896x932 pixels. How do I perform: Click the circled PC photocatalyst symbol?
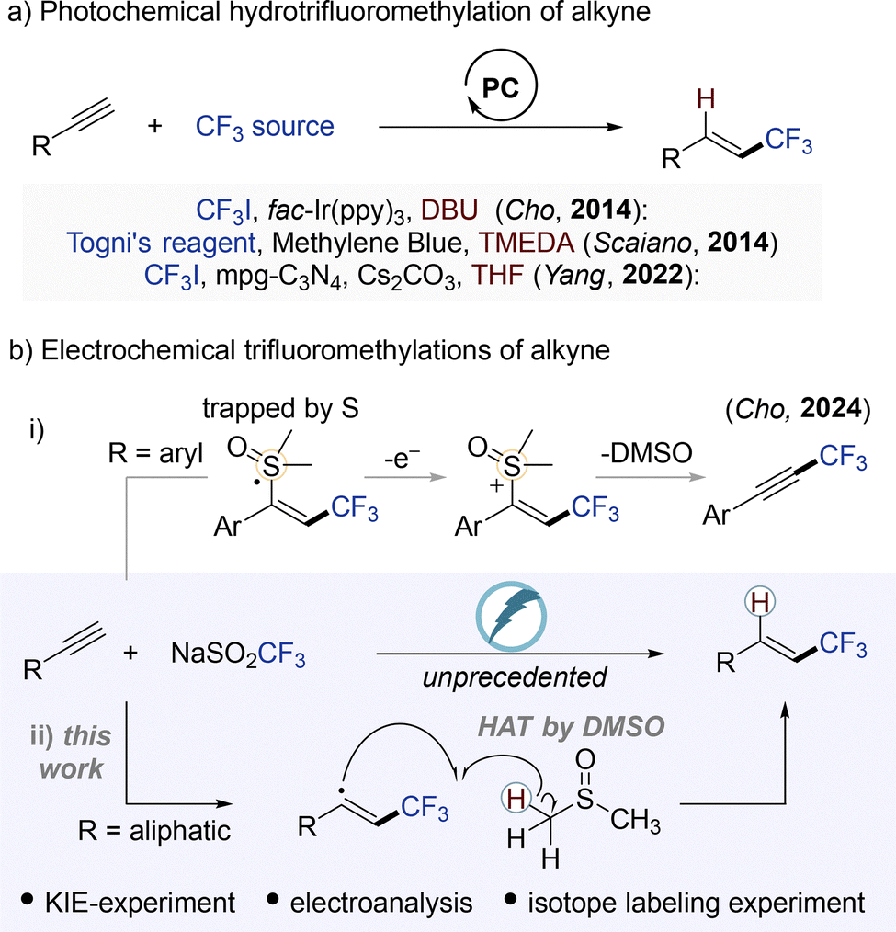point(501,86)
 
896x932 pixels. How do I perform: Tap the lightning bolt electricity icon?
point(511,617)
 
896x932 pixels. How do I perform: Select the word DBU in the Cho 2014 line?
point(449,210)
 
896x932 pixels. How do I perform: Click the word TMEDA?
point(527,243)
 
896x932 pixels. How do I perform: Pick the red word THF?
point(498,275)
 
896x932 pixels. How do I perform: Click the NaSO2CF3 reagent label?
point(238,654)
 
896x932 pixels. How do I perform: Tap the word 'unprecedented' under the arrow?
point(515,677)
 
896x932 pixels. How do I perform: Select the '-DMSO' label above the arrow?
point(646,453)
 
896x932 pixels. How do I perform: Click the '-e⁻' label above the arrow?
point(403,458)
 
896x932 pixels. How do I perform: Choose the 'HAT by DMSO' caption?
point(571,726)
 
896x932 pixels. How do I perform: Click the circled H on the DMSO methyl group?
point(516,800)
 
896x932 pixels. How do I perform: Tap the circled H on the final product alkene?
point(761,603)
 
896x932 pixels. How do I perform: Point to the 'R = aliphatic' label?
point(154,830)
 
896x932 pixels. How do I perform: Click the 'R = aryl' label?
point(155,453)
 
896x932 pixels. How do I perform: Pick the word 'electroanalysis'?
point(381,903)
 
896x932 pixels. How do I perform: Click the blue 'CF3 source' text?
point(265,127)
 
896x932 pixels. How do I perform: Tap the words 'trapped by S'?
point(280,409)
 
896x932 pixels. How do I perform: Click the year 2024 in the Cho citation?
point(831,408)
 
